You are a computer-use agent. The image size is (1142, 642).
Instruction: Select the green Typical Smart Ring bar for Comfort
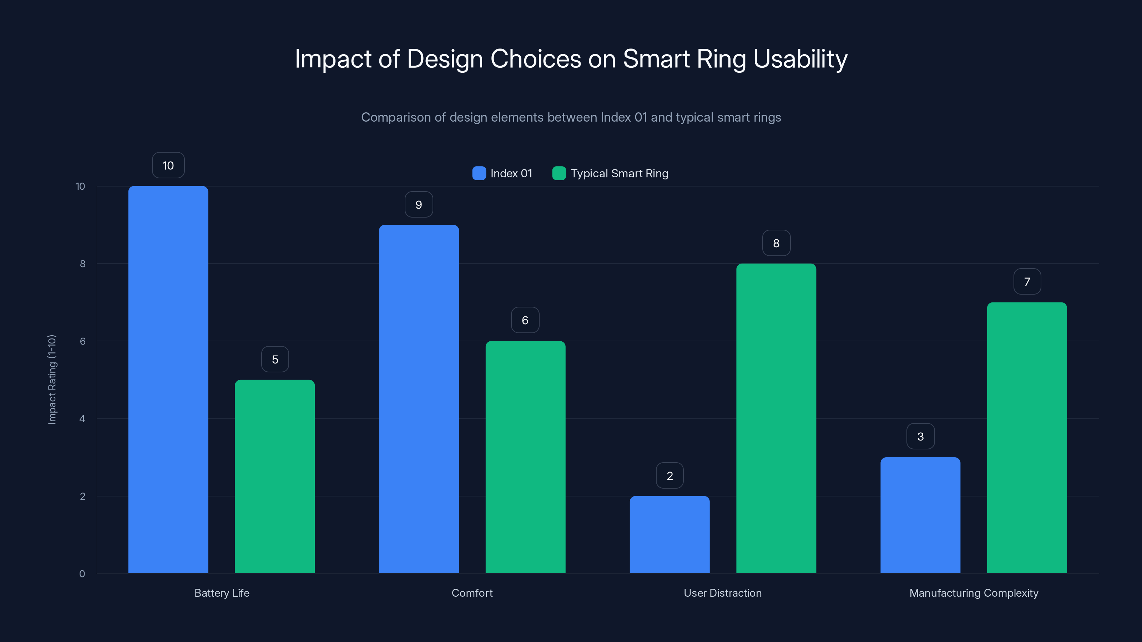pyautogui.click(x=525, y=457)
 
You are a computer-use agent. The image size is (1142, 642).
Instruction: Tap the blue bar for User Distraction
pyautogui.click(x=669, y=534)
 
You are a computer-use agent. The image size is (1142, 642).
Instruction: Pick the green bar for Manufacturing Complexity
pyautogui.click(x=1027, y=437)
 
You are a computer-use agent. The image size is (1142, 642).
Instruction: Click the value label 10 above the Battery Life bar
pyautogui.click(x=168, y=165)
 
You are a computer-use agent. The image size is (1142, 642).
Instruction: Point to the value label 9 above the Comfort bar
pyautogui.click(x=419, y=204)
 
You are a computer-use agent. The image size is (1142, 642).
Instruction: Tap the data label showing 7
pyautogui.click(x=1027, y=281)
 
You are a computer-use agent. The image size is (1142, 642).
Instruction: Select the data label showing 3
pyautogui.click(x=920, y=437)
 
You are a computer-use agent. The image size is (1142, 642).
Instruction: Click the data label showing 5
pyautogui.click(x=275, y=359)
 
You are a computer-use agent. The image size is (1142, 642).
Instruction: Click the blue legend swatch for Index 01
pyautogui.click(x=479, y=173)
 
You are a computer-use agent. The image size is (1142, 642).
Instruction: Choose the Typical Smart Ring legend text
pyautogui.click(x=619, y=173)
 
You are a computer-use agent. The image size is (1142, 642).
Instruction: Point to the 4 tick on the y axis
pyautogui.click(x=82, y=419)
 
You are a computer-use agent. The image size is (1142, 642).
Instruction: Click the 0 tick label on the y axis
pyautogui.click(x=82, y=574)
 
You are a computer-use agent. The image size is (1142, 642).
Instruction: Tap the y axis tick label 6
pyautogui.click(x=82, y=341)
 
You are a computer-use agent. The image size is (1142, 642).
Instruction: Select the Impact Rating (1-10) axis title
pyautogui.click(x=52, y=380)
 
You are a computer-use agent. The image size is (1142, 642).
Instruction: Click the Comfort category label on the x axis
pyautogui.click(x=472, y=593)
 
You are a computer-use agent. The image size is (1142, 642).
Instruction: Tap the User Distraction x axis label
pyautogui.click(x=723, y=593)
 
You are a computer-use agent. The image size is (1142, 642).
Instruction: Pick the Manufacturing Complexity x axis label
pyautogui.click(x=974, y=593)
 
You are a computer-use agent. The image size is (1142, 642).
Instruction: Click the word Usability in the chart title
pyautogui.click(x=800, y=59)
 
